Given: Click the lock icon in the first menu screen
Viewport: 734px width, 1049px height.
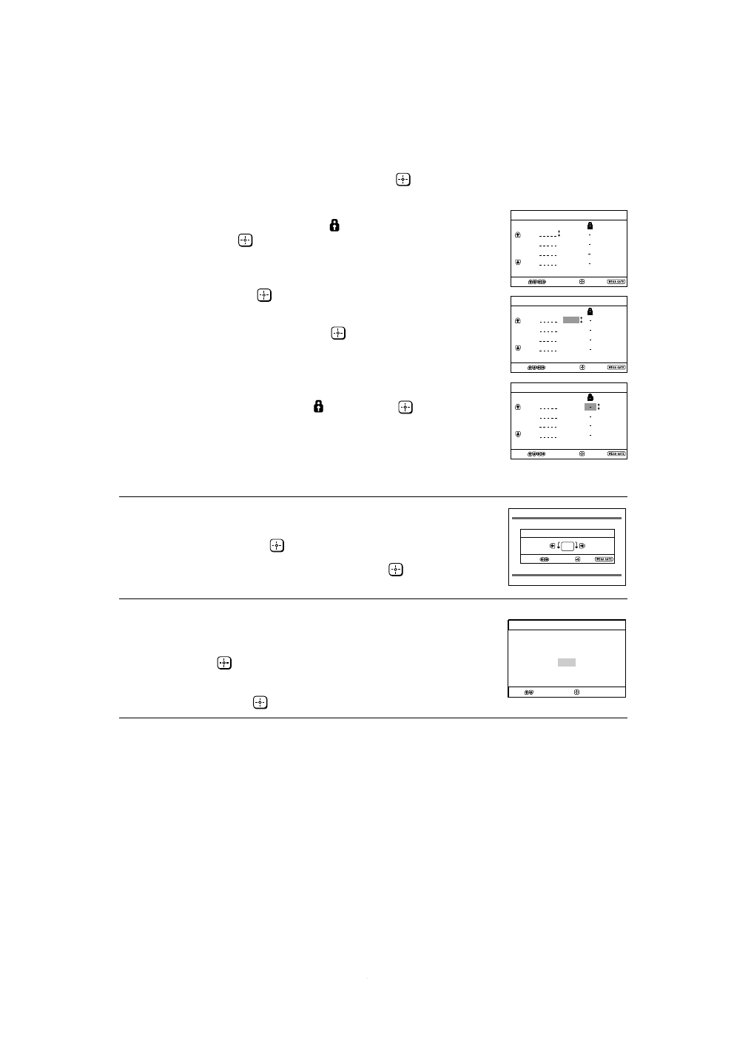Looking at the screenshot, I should (x=590, y=225).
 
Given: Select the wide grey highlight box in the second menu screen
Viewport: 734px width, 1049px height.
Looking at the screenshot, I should (x=570, y=320).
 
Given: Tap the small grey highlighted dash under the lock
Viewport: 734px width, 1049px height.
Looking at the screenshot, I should (x=590, y=407).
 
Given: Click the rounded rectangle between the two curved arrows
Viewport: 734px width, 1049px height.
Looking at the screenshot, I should (x=568, y=546).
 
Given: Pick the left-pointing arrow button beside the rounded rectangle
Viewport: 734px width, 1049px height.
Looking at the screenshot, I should (x=552, y=546).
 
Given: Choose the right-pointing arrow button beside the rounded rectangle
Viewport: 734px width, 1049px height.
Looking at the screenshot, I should (x=583, y=546).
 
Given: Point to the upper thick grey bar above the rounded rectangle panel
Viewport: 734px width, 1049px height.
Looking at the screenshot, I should (x=567, y=519).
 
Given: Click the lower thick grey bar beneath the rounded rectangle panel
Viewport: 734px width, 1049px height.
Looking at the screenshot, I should (x=567, y=575).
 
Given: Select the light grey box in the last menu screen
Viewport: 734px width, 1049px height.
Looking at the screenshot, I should (x=567, y=663).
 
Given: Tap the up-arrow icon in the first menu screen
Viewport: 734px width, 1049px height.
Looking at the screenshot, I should (x=517, y=235).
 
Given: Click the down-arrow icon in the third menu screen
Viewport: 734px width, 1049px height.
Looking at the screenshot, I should (x=517, y=435).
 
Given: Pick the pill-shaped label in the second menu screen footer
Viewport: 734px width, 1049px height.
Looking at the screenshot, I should (x=616, y=368).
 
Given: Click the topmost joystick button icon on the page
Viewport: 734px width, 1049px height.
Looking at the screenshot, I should (x=403, y=180).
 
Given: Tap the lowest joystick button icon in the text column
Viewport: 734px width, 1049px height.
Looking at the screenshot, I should (x=260, y=702).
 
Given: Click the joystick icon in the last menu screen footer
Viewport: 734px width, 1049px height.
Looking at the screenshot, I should (x=577, y=692).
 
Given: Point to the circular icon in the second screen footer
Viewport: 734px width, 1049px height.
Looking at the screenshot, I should (x=582, y=368).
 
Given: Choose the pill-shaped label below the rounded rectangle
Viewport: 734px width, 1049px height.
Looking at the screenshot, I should (x=605, y=559).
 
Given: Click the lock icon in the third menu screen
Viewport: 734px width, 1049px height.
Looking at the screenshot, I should (x=590, y=397).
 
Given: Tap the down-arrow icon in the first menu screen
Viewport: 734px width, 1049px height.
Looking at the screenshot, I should (x=517, y=263).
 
